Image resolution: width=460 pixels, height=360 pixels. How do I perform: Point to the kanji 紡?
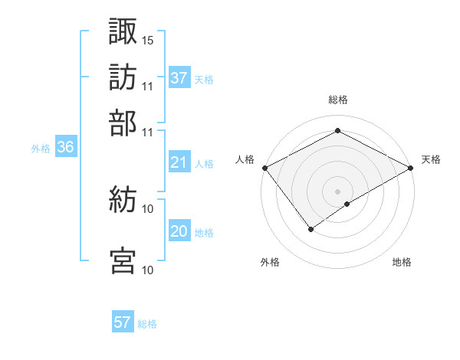[x=123, y=201]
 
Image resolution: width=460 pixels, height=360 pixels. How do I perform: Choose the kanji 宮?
[x=123, y=260]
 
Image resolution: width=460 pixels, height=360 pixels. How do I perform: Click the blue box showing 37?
[x=179, y=77]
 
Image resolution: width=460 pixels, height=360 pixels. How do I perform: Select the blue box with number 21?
[x=179, y=162]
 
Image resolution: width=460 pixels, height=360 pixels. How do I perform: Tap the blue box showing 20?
[x=179, y=231]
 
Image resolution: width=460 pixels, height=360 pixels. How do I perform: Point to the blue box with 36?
[x=65, y=148]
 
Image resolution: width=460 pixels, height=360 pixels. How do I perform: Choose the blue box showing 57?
[x=123, y=322]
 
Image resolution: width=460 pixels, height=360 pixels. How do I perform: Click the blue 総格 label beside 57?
[x=147, y=324]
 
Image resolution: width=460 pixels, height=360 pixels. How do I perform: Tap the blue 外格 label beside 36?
[x=41, y=149]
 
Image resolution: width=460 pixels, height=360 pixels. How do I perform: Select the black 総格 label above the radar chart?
[x=337, y=100]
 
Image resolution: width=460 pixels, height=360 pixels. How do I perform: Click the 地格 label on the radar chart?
[x=402, y=263]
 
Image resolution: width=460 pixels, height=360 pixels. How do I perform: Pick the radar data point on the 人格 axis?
[x=264, y=168]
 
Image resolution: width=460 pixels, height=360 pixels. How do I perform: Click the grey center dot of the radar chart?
[x=337, y=191]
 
